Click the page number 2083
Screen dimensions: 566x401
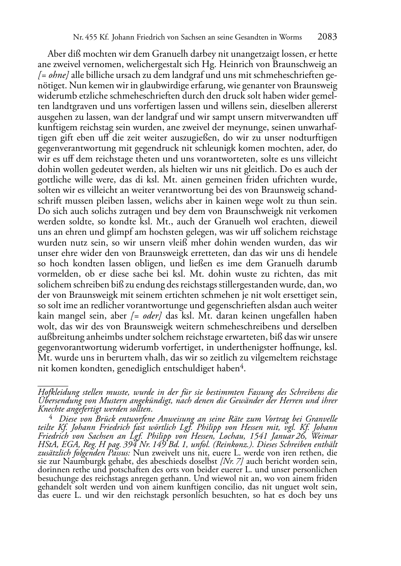click(327, 37)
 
